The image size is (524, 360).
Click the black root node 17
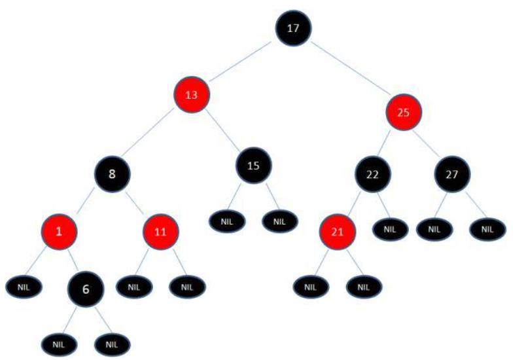(x=293, y=28)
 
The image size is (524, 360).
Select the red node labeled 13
(x=192, y=95)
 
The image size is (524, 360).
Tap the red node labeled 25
(x=404, y=112)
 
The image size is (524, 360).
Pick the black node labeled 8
(x=112, y=174)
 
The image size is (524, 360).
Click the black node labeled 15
(x=254, y=166)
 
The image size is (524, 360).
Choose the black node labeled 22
(x=372, y=174)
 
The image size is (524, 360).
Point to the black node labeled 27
(x=452, y=174)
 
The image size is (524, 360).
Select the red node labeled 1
(x=59, y=232)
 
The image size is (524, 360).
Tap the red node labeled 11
(x=161, y=232)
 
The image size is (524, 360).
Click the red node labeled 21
(x=337, y=232)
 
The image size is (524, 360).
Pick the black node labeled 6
(x=86, y=289)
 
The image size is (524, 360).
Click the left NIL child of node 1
(x=24, y=287)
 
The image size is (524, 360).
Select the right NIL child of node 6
(x=113, y=344)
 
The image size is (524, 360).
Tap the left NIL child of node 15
(x=227, y=221)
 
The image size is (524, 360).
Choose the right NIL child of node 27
(x=488, y=229)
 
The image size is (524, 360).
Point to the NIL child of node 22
(x=391, y=229)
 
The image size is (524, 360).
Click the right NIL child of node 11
(x=187, y=287)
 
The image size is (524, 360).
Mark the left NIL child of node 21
(x=311, y=287)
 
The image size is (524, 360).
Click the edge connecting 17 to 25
(x=351, y=68)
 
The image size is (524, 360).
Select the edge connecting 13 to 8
(x=147, y=132)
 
